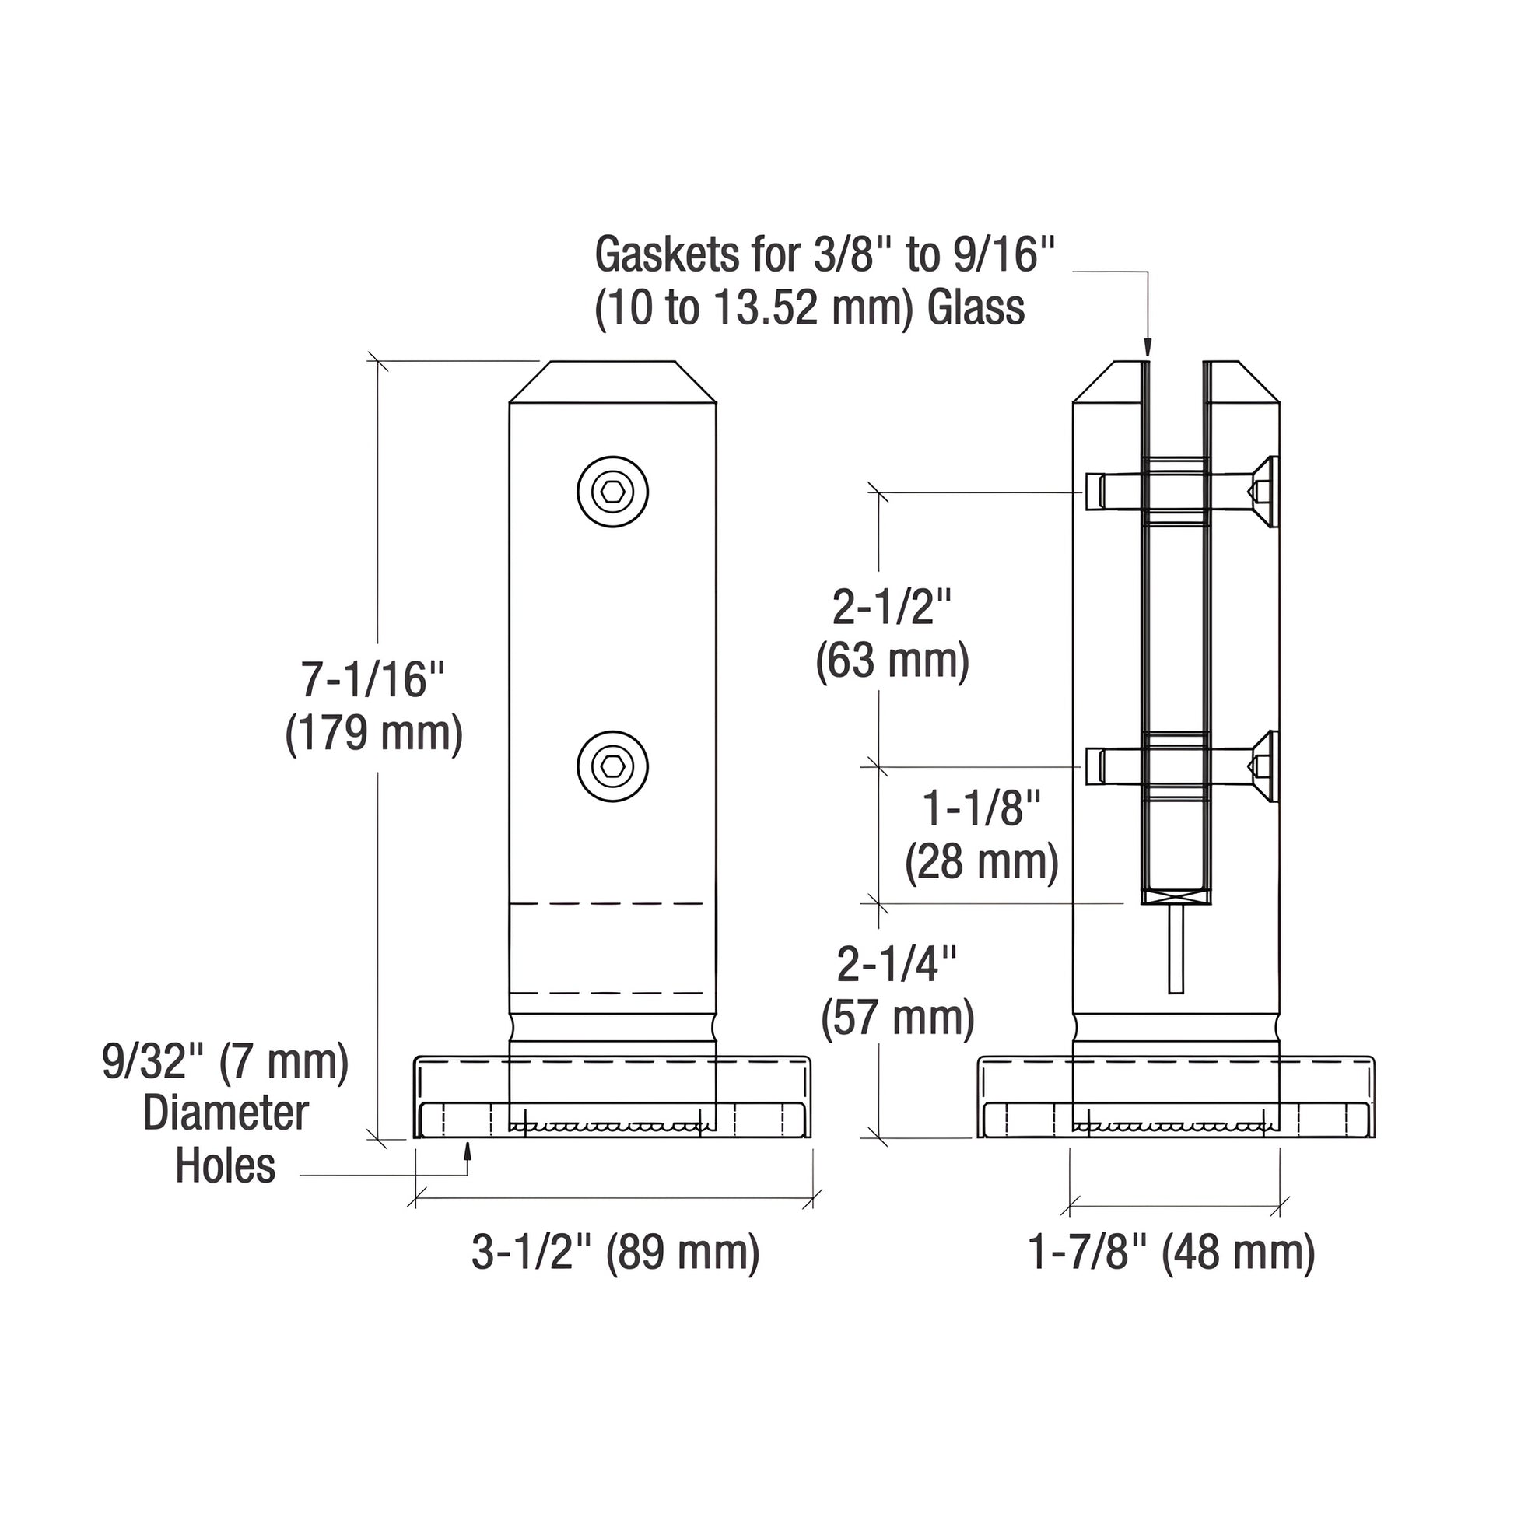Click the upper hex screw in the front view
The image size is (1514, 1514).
coord(613,492)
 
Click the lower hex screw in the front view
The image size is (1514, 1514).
coord(613,766)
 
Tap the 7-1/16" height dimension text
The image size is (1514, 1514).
coord(373,678)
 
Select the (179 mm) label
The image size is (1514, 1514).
coord(373,734)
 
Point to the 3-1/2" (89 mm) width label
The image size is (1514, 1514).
coord(615,1252)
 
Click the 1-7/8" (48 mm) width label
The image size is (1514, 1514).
coord(1172,1252)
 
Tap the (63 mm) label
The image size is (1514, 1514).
coord(892,661)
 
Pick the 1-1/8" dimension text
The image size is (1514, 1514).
coord(981,808)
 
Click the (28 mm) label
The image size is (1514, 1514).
coord(981,862)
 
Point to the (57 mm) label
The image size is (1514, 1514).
coord(897,1018)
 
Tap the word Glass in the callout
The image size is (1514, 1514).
coord(976,307)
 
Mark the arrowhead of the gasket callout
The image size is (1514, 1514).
coord(1148,349)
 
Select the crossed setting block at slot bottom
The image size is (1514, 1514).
coord(1176,895)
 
